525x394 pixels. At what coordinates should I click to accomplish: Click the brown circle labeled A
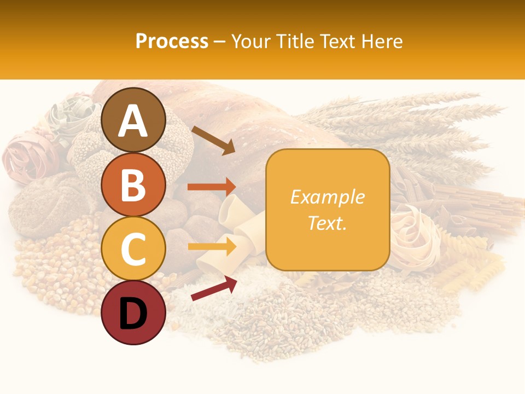point(133,120)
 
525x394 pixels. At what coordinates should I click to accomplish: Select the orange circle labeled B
point(133,184)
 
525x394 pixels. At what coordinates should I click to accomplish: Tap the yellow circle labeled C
point(133,248)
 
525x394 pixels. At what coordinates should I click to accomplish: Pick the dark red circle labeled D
point(133,312)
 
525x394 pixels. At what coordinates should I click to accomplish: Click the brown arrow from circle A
point(213,140)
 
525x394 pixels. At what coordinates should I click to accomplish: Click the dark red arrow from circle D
point(214,288)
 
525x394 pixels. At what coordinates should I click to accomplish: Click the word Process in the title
point(172,41)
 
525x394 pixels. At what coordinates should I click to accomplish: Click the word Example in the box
point(328,197)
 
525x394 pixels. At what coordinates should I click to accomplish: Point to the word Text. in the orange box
point(328,223)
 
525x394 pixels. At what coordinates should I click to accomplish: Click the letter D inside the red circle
point(133,314)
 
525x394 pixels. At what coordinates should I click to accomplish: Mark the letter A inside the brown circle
point(133,121)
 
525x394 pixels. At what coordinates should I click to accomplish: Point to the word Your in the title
point(250,41)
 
